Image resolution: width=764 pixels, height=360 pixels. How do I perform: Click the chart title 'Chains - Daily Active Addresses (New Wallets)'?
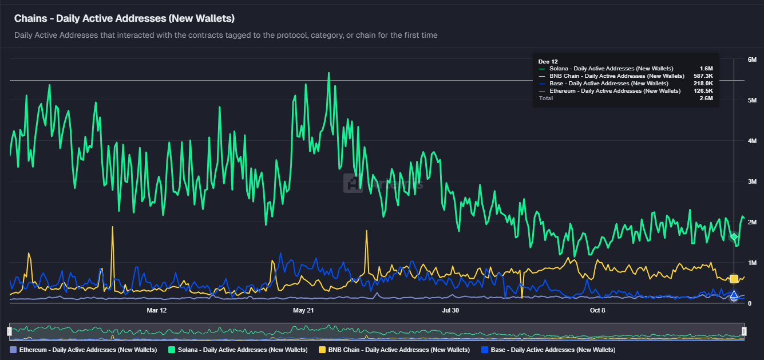[x=124, y=18]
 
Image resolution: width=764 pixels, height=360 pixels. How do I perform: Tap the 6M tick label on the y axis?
[x=752, y=60]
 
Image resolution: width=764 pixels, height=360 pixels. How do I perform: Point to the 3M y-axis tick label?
[x=752, y=181]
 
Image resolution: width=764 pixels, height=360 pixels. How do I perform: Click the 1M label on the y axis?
[x=752, y=263]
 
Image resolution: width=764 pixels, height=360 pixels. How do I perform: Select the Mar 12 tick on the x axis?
[x=156, y=310]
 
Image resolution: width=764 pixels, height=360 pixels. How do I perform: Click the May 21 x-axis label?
[x=303, y=310]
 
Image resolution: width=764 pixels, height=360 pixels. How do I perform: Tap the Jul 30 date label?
[x=450, y=310]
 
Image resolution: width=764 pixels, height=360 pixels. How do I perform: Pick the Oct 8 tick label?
[x=597, y=310]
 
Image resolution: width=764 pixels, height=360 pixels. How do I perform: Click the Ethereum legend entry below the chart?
[x=84, y=349]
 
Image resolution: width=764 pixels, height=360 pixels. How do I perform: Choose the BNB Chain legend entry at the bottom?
[x=394, y=349]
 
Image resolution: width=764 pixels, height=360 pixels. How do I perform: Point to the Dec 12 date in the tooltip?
[x=548, y=61]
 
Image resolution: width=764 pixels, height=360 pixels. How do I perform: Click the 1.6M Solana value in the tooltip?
[x=706, y=69]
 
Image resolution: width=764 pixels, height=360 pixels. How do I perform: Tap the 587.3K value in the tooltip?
[x=703, y=76]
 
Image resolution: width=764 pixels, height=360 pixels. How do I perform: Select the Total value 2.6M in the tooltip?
[x=706, y=98]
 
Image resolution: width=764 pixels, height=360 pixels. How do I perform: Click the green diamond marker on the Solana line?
[x=734, y=237]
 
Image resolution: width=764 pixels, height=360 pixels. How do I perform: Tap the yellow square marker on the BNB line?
[x=734, y=279]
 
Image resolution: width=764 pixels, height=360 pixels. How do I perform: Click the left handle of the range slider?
[x=9, y=331]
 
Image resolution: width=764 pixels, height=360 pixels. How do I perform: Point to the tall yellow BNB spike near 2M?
[x=112, y=228]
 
